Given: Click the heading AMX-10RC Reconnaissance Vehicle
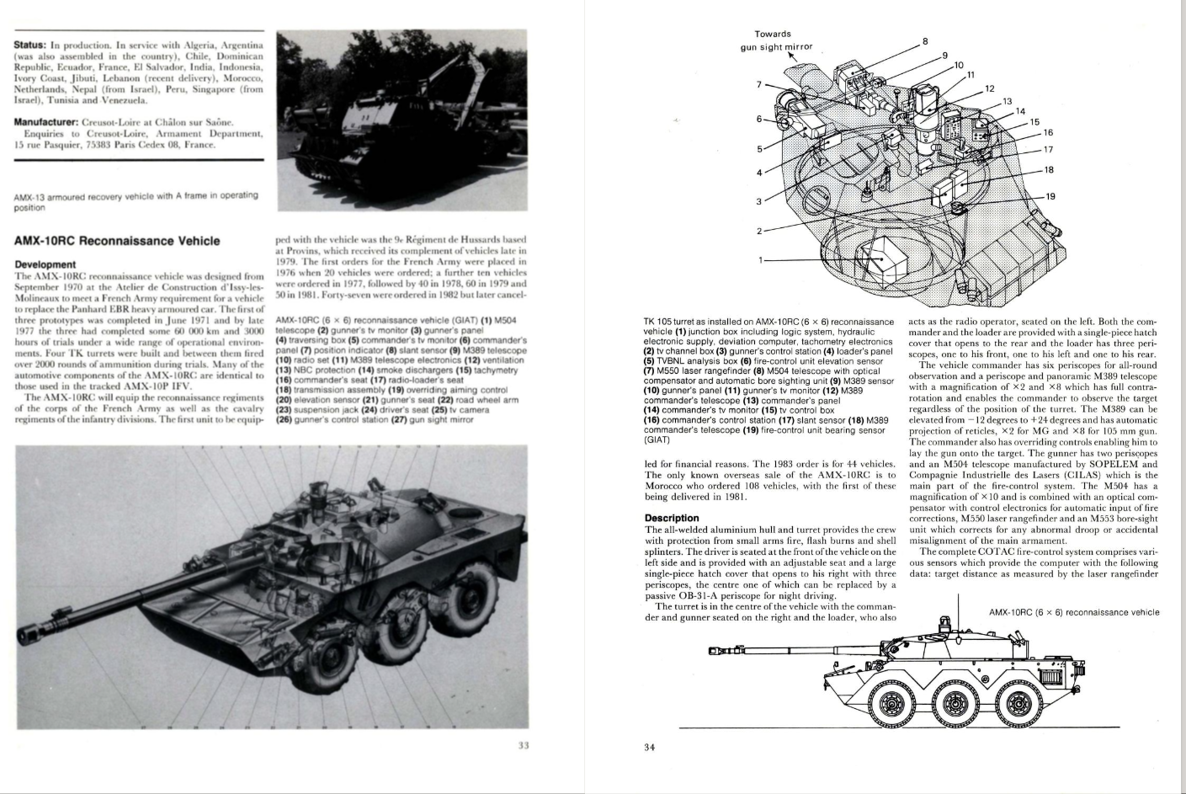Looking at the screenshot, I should pos(117,241).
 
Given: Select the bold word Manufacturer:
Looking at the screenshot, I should pos(46,123).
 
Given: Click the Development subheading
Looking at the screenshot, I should pos(45,264).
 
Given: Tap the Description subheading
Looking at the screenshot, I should pos(672,518).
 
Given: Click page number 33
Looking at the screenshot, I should pos(523,743).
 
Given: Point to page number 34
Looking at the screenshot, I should pos(649,746).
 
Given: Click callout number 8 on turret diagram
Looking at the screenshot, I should pos(925,41).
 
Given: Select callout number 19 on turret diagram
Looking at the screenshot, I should pos(1050,196).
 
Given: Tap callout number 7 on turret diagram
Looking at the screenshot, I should pos(759,84).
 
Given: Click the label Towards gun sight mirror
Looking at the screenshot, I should pos(777,40).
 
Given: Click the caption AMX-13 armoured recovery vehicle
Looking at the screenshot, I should pos(136,201).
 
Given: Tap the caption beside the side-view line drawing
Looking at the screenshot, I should pos(1073,612).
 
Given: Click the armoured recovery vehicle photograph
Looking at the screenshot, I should pos(402,120).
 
